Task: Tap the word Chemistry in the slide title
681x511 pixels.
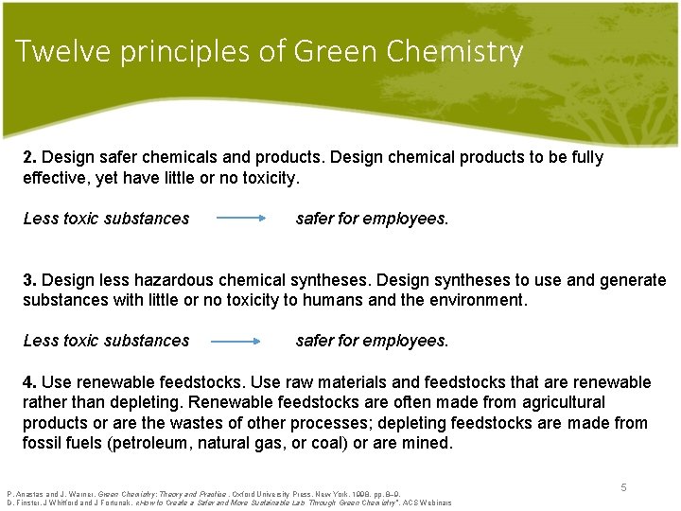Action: (x=456, y=51)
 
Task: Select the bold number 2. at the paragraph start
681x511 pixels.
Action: (x=30, y=157)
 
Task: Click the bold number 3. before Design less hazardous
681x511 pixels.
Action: (x=30, y=280)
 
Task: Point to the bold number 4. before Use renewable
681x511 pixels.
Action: (x=30, y=382)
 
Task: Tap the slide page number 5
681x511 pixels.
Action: (x=623, y=486)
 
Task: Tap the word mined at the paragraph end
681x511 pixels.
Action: (x=428, y=443)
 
